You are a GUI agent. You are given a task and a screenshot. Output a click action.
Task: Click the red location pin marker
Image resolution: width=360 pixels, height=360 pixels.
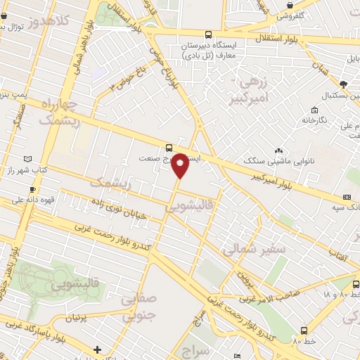click(180, 165)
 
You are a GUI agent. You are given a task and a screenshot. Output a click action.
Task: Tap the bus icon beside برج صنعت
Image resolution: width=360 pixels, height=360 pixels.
click(168, 148)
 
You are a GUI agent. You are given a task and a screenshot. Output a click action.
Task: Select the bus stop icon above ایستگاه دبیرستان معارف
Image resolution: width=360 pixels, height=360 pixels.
click(207, 34)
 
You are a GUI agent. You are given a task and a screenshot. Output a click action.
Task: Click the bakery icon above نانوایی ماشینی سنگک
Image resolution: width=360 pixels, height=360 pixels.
click(279, 150)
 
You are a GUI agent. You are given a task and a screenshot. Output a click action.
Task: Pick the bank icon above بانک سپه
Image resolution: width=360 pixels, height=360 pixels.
click(347, 198)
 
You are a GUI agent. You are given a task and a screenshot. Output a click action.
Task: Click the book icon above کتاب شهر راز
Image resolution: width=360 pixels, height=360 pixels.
click(27, 160)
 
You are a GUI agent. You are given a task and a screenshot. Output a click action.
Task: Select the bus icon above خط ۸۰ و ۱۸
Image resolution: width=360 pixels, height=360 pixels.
click(356, 284)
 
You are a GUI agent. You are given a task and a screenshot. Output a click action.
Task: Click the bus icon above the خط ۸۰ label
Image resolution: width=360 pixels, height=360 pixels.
click(304, 330)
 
